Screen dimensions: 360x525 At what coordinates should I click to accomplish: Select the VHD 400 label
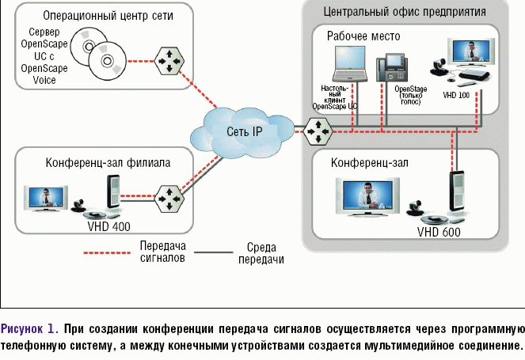110,225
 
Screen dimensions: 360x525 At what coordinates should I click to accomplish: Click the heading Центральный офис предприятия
405,12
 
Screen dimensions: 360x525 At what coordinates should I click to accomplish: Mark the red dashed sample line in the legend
106,253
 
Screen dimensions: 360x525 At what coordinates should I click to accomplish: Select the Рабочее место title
363,36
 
